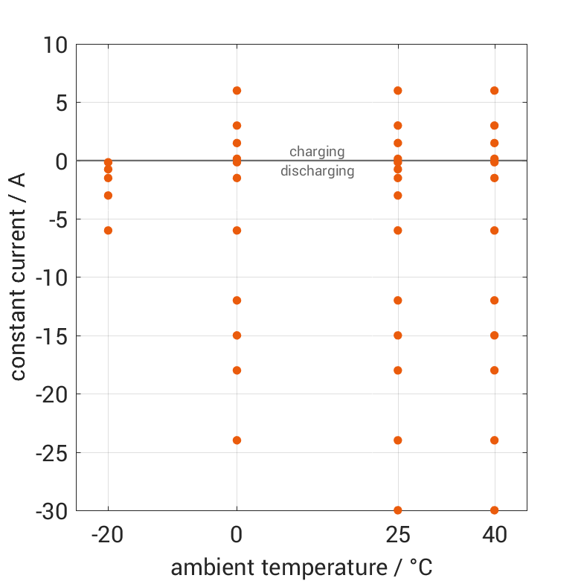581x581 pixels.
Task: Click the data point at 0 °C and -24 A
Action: (237, 440)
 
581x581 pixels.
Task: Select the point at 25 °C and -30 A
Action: (398, 510)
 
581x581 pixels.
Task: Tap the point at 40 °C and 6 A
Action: (494, 91)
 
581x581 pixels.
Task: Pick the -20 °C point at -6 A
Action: (108, 231)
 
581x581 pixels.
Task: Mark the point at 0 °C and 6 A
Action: (237, 91)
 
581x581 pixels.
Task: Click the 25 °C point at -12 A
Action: (398, 301)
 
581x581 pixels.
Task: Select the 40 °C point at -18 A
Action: (494, 370)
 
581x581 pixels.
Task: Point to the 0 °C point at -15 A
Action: (237, 335)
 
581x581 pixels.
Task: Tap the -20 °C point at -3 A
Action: (108, 196)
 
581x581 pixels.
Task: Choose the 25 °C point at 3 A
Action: (398, 126)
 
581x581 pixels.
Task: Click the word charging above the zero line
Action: (317, 152)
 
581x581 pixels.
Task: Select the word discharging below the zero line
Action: (317, 171)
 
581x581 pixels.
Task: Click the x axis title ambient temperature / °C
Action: (301, 568)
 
